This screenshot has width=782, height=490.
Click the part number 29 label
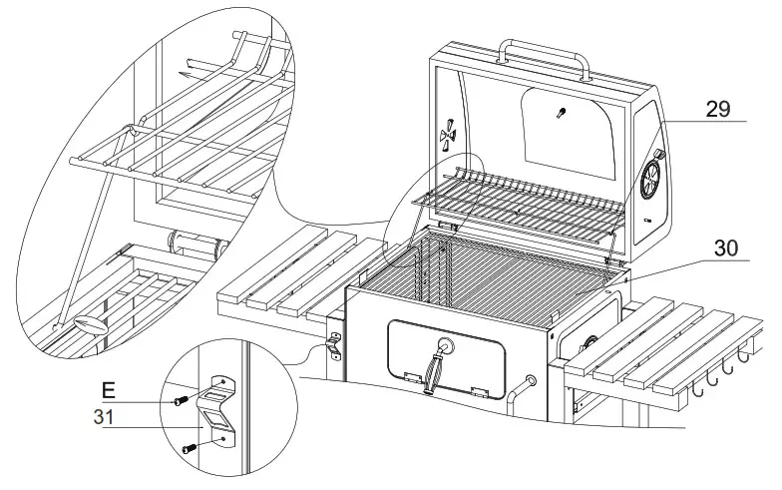tap(718, 109)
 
